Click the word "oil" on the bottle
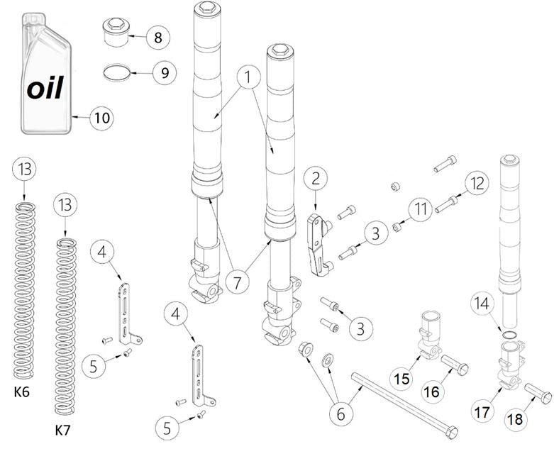pos(45,89)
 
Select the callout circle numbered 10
pos(102,118)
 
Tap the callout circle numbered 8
pos(157,38)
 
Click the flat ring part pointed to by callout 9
pos(116,72)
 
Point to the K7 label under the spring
pos(63,430)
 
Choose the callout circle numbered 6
pos(340,413)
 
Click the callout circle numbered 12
pos(477,182)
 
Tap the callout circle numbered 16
pos(432,391)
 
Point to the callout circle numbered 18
pos(516,418)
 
